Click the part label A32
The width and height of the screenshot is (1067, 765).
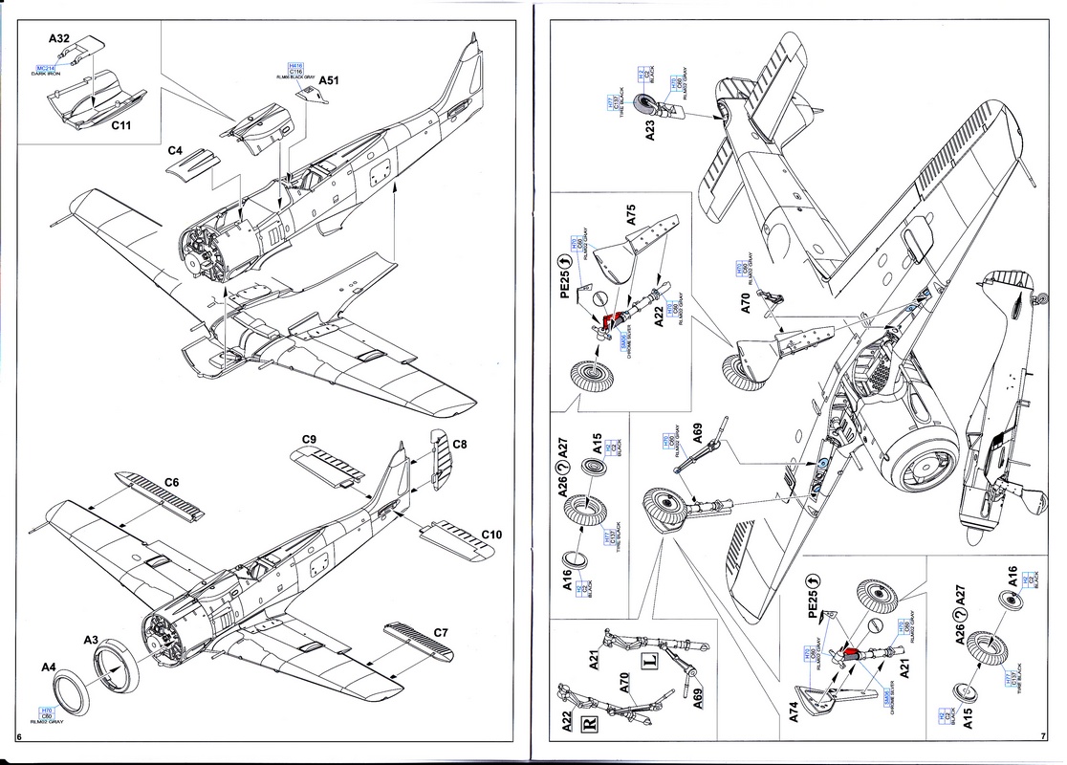tap(59, 39)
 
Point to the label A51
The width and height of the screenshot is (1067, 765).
tap(330, 81)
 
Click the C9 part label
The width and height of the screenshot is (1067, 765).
tap(308, 439)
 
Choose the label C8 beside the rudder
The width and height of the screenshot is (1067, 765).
tap(459, 444)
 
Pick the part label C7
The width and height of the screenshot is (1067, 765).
tap(441, 632)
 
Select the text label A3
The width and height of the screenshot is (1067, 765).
tap(92, 639)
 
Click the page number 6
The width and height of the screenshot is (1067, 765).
tap(20, 738)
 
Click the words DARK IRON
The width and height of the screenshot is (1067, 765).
tap(45, 75)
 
